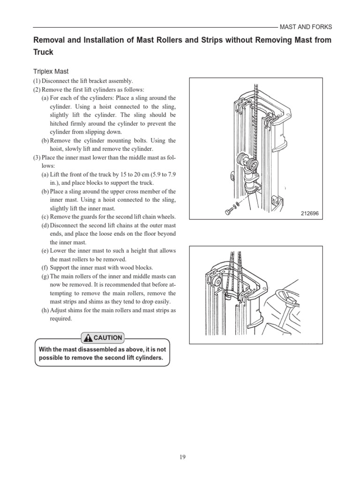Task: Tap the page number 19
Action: [x=180, y=457]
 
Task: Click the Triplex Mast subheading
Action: [x=51, y=71]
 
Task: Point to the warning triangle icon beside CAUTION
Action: [x=87, y=337]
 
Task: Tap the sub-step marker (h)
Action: [x=45, y=310]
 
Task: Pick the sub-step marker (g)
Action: [x=45, y=276]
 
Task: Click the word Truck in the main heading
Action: [x=43, y=52]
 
